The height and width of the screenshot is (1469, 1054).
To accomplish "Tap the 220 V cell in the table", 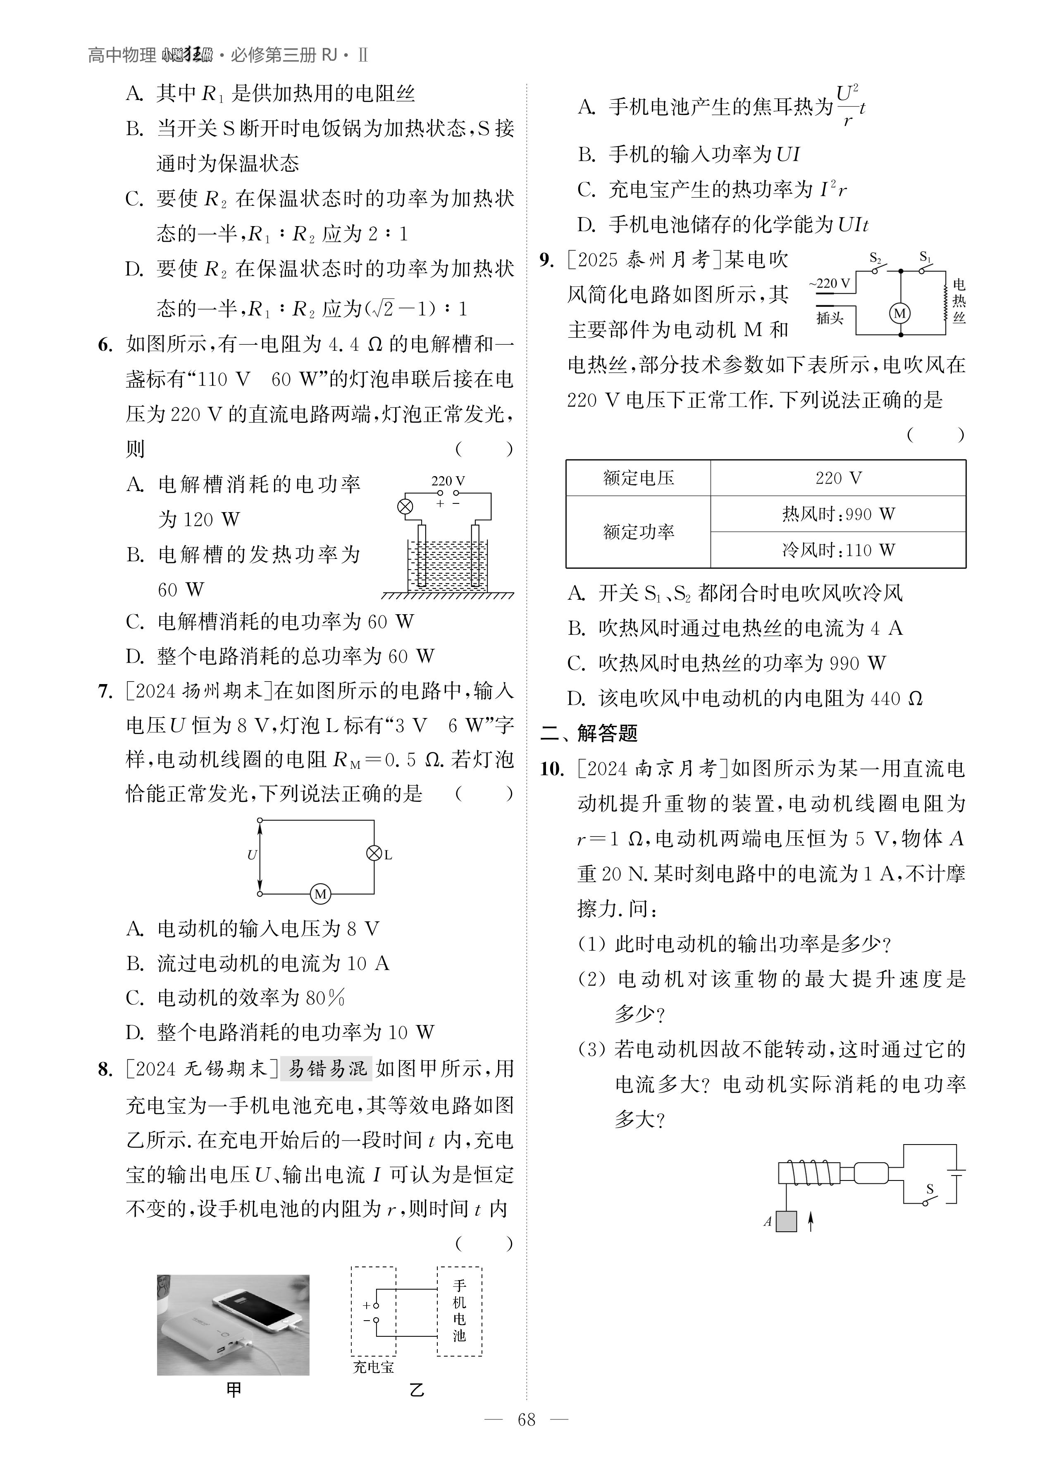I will pos(838,478).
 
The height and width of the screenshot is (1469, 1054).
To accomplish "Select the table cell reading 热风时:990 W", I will pos(838,514).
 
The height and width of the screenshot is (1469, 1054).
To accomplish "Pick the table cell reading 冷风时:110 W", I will pos(838,550).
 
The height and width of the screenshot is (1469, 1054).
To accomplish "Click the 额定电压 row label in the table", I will pos(638,478).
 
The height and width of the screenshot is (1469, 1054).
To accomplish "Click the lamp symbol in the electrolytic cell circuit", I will pos(405,506).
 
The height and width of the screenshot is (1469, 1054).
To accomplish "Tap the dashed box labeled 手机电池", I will pos(459,1310).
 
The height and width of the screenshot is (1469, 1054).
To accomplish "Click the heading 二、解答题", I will pos(589,733).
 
